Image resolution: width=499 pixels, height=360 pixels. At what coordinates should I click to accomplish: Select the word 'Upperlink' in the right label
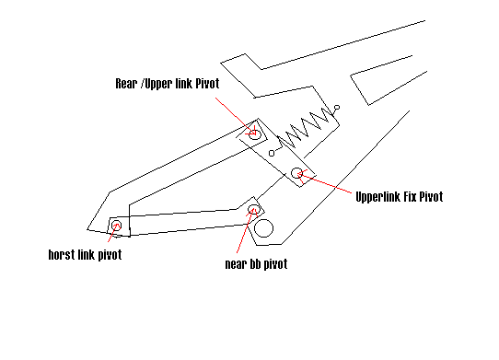pyautogui.click(x=377, y=197)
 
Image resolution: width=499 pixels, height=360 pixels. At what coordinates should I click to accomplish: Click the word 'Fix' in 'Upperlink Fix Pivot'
pyautogui.click(x=410, y=197)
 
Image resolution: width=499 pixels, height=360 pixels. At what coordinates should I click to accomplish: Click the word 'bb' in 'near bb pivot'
pyautogui.click(x=255, y=264)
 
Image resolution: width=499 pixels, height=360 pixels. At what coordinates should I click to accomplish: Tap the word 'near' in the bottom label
pyautogui.click(x=235, y=264)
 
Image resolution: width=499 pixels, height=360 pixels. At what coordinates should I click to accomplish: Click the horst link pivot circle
pyautogui.click(x=117, y=225)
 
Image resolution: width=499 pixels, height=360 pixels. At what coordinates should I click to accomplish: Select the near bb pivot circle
pyautogui.click(x=253, y=209)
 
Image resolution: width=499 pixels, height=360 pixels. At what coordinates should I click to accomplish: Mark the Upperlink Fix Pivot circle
pyautogui.click(x=297, y=173)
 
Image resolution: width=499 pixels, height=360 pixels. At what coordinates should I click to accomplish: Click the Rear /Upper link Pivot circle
pyautogui.click(x=255, y=134)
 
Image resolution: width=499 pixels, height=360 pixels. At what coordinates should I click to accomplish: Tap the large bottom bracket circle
pyautogui.click(x=264, y=228)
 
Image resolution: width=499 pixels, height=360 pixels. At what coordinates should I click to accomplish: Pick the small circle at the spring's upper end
pyautogui.click(x=337, y=108)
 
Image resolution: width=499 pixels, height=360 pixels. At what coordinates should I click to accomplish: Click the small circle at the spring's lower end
pyautogui.click(x=272, y=154)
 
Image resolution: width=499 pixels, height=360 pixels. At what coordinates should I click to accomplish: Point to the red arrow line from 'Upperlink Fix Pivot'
pyautogui.click(x=325, y=183)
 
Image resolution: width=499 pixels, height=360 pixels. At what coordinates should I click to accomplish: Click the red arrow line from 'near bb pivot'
pyautogui.click(x=245, y=231)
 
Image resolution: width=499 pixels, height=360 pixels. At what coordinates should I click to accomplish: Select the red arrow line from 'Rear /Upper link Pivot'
pyautogui.click(x=236, y=117)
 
